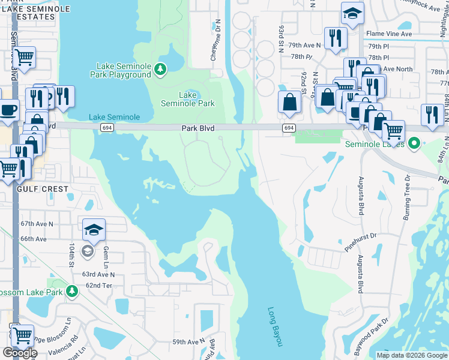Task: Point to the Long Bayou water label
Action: [x=274, y=326]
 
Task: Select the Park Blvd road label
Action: [x=198, y=128]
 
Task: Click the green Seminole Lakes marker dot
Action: [x=414, y=144]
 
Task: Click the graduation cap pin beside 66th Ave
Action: [x=94, y=230]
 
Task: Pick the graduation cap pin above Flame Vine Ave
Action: [x=352, y=13]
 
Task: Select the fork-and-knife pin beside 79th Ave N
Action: [x=335, y=38]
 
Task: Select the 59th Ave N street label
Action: [x=188, y=342]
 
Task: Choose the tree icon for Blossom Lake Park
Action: [x=72, y=292]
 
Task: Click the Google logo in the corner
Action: [x=20, y=353]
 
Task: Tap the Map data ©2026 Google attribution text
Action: [x=411, y=355]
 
